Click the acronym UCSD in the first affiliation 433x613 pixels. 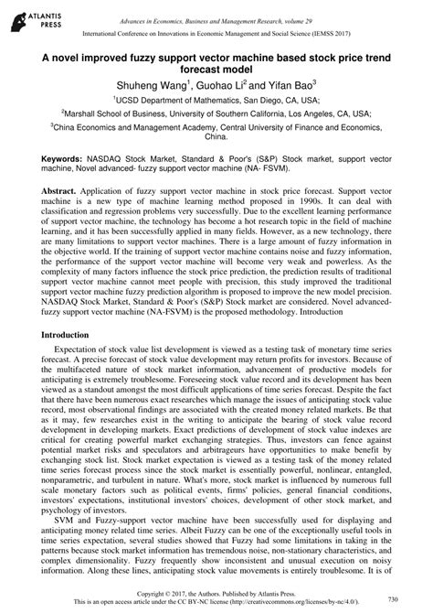(x=131, y=99)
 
